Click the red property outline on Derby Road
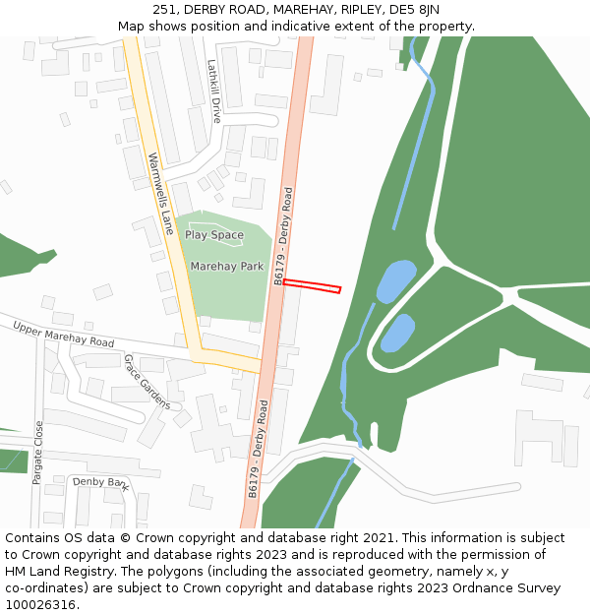pyautogui.click(x=312, y=286)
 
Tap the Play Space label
pyautogui.click(x=213, y=235)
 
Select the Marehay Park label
pyautogui.click(x=227, y=266)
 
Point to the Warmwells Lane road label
pyautogui.click(x=160, y=187)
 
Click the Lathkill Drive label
pyautogui.click(x=213, y=91)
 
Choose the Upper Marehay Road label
pyautogui.click(x=63, y=334)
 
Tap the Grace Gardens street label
pyautogui.click(x=147, y=382)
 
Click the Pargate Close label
pyautogui.click(x=38, y=453)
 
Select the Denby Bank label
pyautogui.click(x=101, y=482)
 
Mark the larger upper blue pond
pyautogui.click(x=396, y=280)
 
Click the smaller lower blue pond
pyautogui.click(x=397, y=333)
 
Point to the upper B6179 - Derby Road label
pyautogui.click(x=283, y=236)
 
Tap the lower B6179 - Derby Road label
pyautogui.click(x=258, y=448)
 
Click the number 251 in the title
pyautogui.click(x=164, y=10)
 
